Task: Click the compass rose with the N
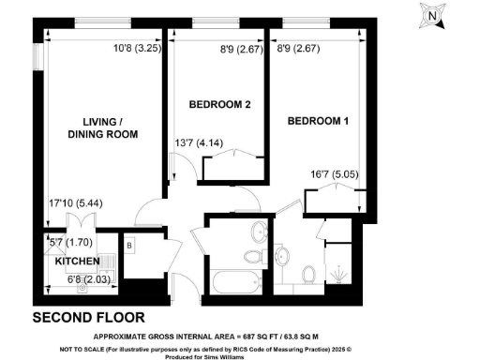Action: pos(430,16)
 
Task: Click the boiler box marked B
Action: pos(128,248)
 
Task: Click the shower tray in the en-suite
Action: pos(343,267)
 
